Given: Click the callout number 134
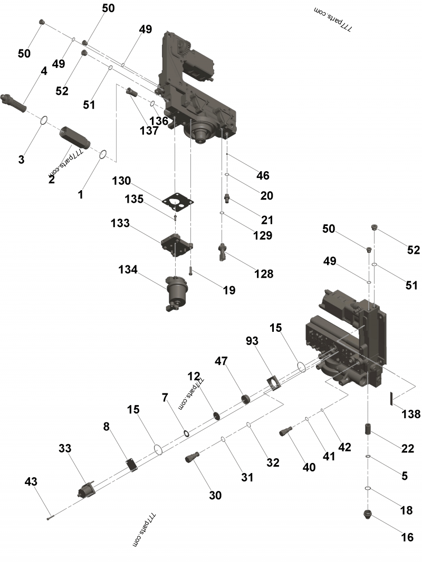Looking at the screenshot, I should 128,270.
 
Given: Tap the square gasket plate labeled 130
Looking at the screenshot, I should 178,202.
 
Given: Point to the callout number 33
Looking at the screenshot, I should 65,448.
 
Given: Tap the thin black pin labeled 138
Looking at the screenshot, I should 391,399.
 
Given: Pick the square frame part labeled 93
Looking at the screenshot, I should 273,383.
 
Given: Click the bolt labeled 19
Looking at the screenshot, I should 190,272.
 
